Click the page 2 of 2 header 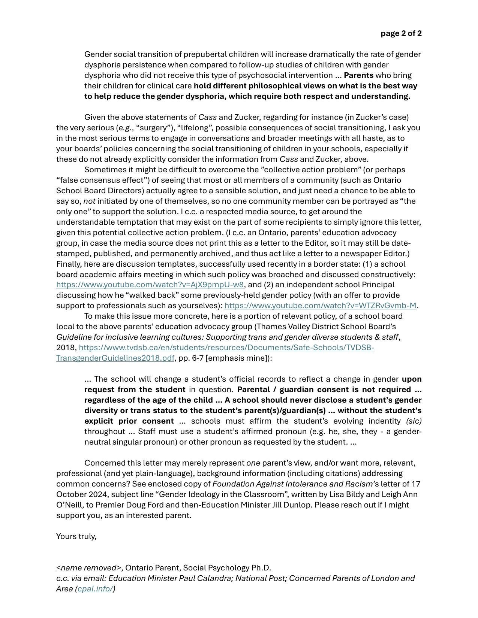pos(401,33)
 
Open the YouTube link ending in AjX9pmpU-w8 pos(150,285)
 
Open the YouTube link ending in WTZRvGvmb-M pos(320,306)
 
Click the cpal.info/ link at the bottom pos(95,589)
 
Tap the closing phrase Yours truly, pos(76,536)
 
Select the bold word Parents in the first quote pos(358,75)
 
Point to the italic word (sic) pos(414,421)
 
